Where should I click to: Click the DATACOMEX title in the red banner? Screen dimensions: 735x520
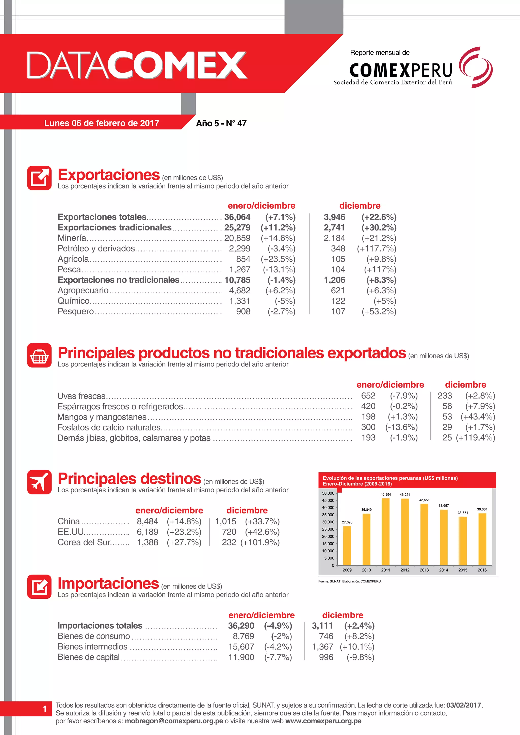click(137, 65)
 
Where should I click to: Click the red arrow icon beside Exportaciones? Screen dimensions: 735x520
click(39, 178)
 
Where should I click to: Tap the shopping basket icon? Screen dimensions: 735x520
click(39, 356)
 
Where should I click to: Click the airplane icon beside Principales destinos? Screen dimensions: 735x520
click(39, 482)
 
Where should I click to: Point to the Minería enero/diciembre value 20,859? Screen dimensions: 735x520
click(237, 238)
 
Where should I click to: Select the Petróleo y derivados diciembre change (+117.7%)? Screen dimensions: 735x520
click(377, 249)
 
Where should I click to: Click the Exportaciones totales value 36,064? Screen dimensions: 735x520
click(237, 217)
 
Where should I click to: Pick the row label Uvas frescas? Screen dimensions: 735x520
click(81, 396)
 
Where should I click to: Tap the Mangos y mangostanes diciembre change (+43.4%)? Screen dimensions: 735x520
click(478, 417)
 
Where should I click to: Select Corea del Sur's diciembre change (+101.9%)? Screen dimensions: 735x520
click(260, 542)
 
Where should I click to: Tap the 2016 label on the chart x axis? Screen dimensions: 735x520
click(482, 570)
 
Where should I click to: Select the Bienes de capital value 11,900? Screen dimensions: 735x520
click(241, 657)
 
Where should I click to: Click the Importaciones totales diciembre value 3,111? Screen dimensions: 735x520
click(322, 626)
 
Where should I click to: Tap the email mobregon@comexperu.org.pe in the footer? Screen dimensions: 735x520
click(174, 721)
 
